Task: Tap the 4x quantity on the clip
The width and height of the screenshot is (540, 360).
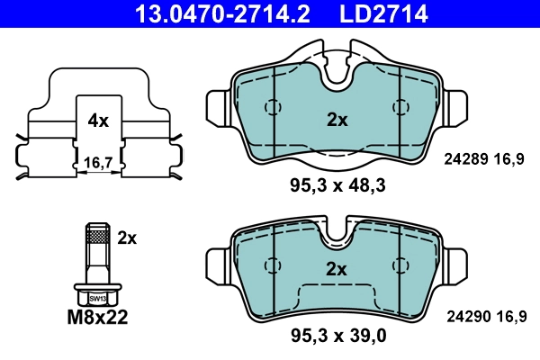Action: [x=98, y=120]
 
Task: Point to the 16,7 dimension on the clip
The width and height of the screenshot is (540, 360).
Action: [x=97, y=162]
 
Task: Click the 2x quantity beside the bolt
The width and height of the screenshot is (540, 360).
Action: [x=127, y=238]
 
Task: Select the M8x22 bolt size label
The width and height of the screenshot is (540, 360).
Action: [x=98, y=318]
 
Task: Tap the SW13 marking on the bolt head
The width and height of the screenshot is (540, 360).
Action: [x=96, y=296]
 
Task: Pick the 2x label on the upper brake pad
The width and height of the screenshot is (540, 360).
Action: [x=337, y=120]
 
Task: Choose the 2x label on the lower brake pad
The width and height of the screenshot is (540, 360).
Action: [x=337, y=268]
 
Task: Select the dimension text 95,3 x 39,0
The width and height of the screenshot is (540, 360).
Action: [x=337, y=337]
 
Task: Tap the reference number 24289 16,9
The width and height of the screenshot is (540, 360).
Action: [x=484, y=159]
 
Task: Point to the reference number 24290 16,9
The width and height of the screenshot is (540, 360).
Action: [x=484, y=315]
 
